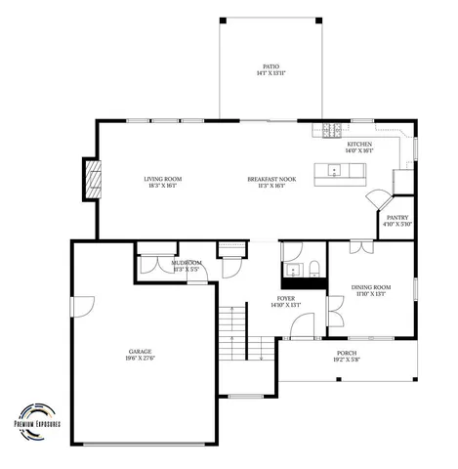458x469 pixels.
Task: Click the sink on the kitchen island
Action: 335,171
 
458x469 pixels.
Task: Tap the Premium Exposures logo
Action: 36,420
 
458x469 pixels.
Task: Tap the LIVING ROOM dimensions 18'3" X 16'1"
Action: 163,186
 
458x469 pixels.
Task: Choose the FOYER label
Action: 285,299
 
